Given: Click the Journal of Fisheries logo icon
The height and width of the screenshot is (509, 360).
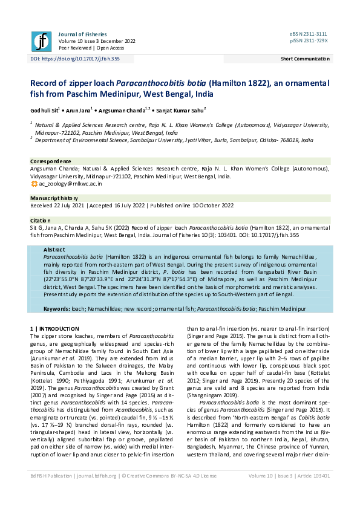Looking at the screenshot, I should (x=41, y=41).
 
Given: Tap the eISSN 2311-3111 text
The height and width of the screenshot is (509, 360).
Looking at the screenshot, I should (x=309, y=34).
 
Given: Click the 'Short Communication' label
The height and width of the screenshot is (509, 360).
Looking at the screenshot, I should (x=306, y=59).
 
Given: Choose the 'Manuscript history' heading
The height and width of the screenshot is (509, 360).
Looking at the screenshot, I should (x=54, y=198).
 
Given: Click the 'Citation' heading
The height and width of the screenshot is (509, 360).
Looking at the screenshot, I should (x=41, y=221).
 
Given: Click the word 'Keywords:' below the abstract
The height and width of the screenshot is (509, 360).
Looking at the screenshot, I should (x=57, y=308).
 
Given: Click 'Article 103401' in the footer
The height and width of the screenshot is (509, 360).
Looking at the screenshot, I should (x=314, y=493).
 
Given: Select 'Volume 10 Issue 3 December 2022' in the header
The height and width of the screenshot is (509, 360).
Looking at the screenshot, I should (x=96, y=41).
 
